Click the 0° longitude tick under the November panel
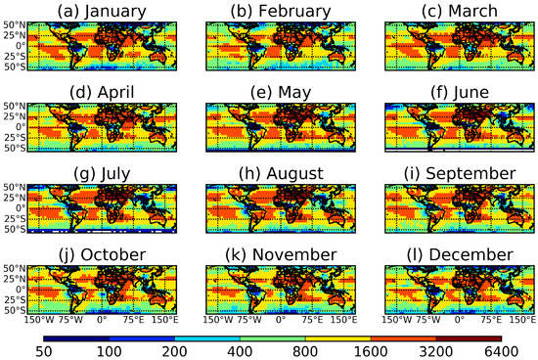pyautogui.click(x=281, y=319)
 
